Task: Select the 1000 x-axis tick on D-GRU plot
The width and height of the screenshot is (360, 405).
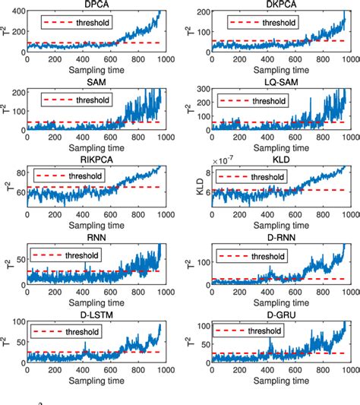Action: point(349,377)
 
